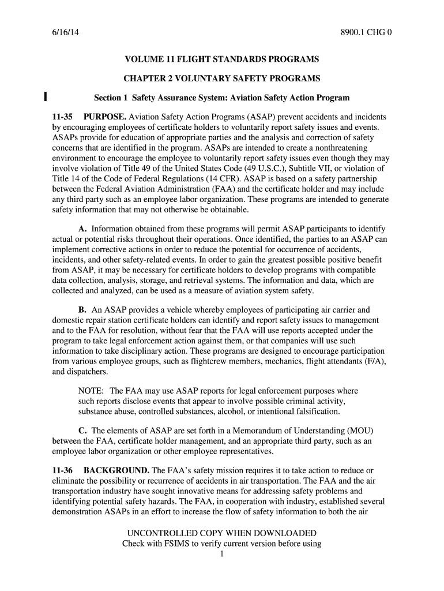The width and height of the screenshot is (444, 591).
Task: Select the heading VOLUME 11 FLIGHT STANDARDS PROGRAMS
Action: coord(222,59)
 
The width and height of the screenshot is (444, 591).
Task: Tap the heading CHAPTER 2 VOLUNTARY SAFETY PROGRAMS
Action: coord(222,78)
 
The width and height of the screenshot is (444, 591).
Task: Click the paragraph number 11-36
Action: coord(63,470)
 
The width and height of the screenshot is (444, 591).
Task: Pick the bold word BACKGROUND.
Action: coord(118,470)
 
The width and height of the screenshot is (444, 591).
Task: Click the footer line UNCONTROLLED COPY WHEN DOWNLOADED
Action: coord(222,533)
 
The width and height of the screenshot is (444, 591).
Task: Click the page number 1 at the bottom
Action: coord(222,555)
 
